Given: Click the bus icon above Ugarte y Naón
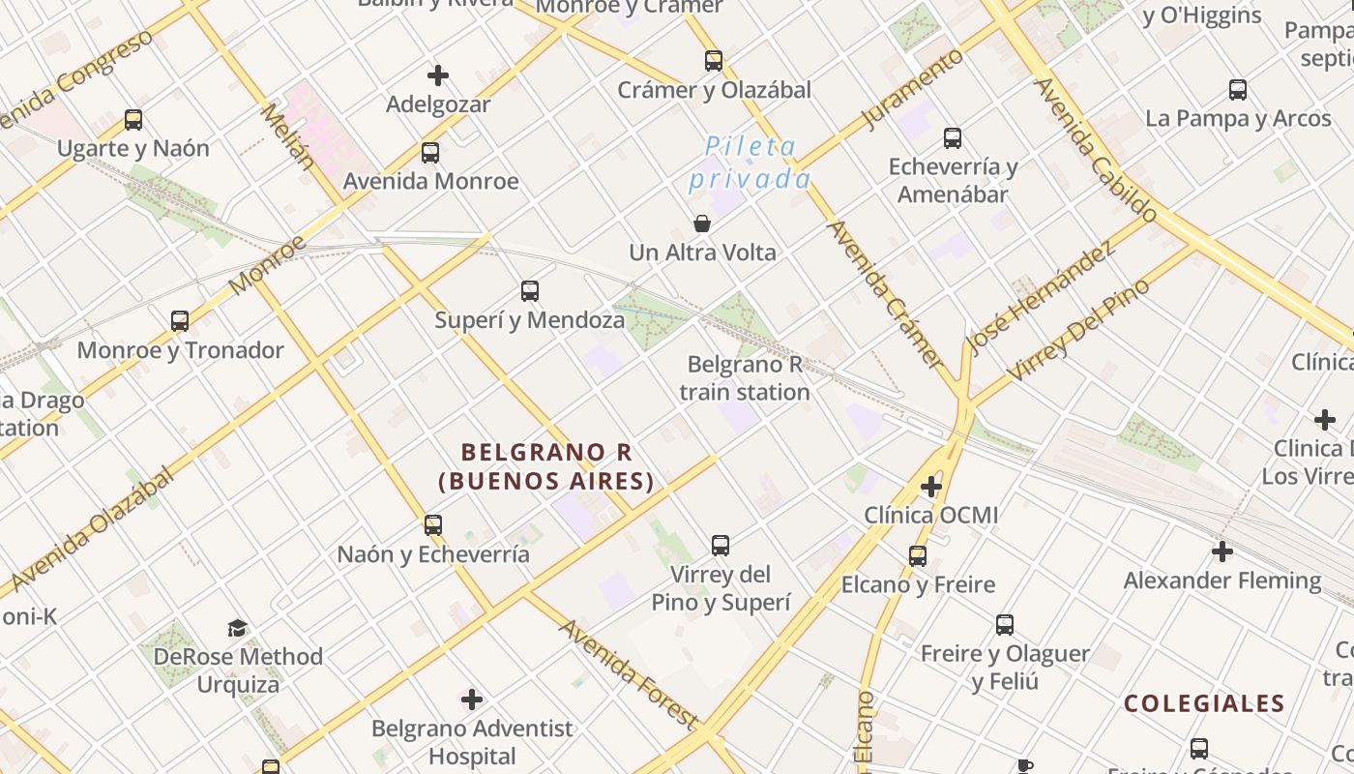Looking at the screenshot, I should (133, 120).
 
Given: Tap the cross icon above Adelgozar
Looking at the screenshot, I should (438, 74).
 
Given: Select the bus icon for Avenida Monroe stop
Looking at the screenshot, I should (430, 153).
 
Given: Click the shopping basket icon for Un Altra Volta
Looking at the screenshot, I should (702, 224).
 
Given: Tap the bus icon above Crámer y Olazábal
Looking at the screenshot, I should (714, 61).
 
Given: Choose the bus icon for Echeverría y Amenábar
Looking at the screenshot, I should (953, 138).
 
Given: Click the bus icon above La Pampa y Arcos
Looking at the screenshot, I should (1238, 90).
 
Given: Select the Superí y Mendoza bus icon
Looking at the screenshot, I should (529, 290).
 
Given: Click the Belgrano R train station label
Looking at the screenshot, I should (744, 378).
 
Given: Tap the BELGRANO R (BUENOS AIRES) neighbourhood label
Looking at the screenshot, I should (546, 466).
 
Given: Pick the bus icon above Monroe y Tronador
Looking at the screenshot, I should (180, 321).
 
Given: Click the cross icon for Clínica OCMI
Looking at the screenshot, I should (931, 486).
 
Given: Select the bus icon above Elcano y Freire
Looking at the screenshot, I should (918, 556).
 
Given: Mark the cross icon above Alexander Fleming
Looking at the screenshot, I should (1222, 551).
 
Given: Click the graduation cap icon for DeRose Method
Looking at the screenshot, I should (238, 629).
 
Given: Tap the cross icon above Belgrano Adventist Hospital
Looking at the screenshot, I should (472, 700).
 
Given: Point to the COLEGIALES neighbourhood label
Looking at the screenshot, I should (1204, 703).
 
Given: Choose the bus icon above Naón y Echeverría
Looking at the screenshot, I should (433, 525).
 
